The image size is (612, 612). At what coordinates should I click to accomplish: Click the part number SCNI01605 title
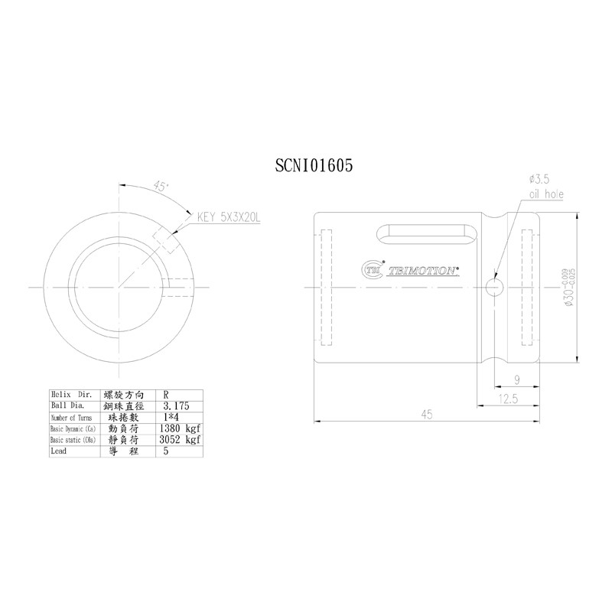pos(313,166)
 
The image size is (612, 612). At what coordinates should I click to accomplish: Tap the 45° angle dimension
pos(161,185)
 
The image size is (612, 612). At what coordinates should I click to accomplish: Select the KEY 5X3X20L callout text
pos(229,217)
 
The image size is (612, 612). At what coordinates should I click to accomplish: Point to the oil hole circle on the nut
pos(494,287)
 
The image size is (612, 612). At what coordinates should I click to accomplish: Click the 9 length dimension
pos(517,379)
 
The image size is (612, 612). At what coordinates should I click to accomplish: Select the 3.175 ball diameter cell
pos(176,407)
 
